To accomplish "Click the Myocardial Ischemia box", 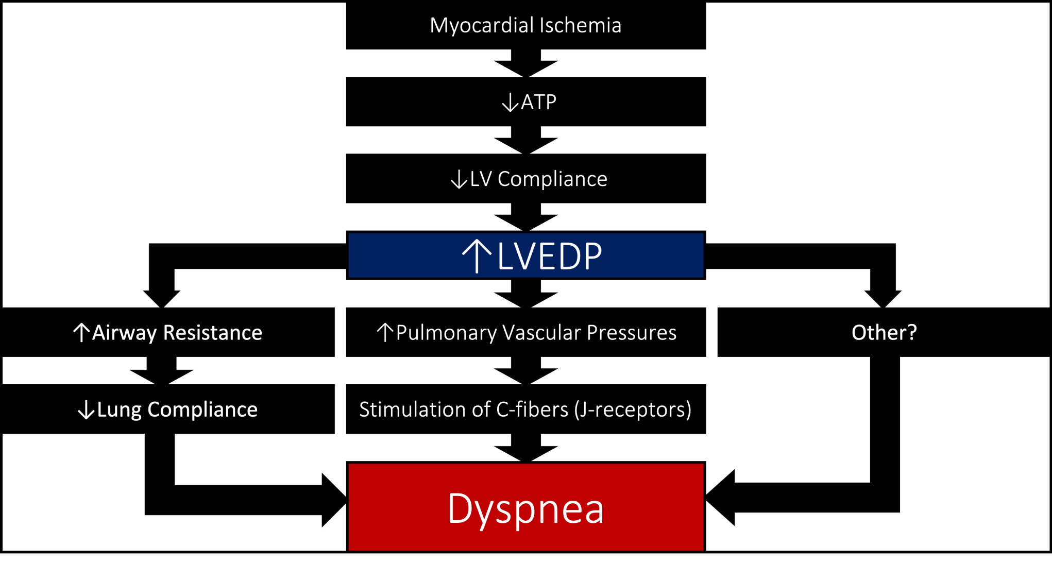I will tap(525, 25).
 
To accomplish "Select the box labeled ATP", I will tap(525, 101).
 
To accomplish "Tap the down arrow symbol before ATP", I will tap(510, 103).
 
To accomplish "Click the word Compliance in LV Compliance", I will tap(552, 179).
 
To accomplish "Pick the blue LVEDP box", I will tap(525, 255).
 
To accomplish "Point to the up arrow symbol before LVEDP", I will tap(477, 255).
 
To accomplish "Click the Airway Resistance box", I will tap(167, 332).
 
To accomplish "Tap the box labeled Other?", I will tap(884, 332).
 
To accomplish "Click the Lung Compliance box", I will tap(167, 409).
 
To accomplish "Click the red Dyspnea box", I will tap(525, 507).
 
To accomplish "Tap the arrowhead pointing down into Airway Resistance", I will tap(162, 298).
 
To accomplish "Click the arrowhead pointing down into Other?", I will tap(883, 298).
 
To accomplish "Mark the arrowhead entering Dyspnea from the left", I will tap(333, 500).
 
